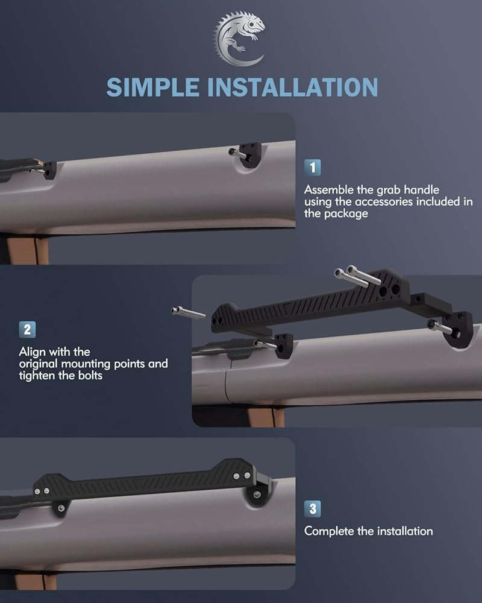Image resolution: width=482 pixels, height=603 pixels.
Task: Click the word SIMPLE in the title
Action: (x=153, y=87)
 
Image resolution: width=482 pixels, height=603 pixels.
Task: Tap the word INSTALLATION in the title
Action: (x=293, y=87)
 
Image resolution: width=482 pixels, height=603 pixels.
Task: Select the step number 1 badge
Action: (x=313, y=168)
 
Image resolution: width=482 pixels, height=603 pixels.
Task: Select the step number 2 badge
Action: (x=27, y=330)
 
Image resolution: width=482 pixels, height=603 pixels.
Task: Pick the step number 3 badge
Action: (x=313, y=509)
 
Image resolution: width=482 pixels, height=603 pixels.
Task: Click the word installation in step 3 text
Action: (x=405, y=531)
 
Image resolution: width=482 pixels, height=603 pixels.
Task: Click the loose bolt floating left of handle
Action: (x=188, y=312)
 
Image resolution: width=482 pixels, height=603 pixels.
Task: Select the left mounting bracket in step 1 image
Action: (x=47, y=169)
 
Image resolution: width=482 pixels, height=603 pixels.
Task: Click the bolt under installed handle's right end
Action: (x=257, y=494)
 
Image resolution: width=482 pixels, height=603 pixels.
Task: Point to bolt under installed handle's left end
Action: (x=61, y=508)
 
